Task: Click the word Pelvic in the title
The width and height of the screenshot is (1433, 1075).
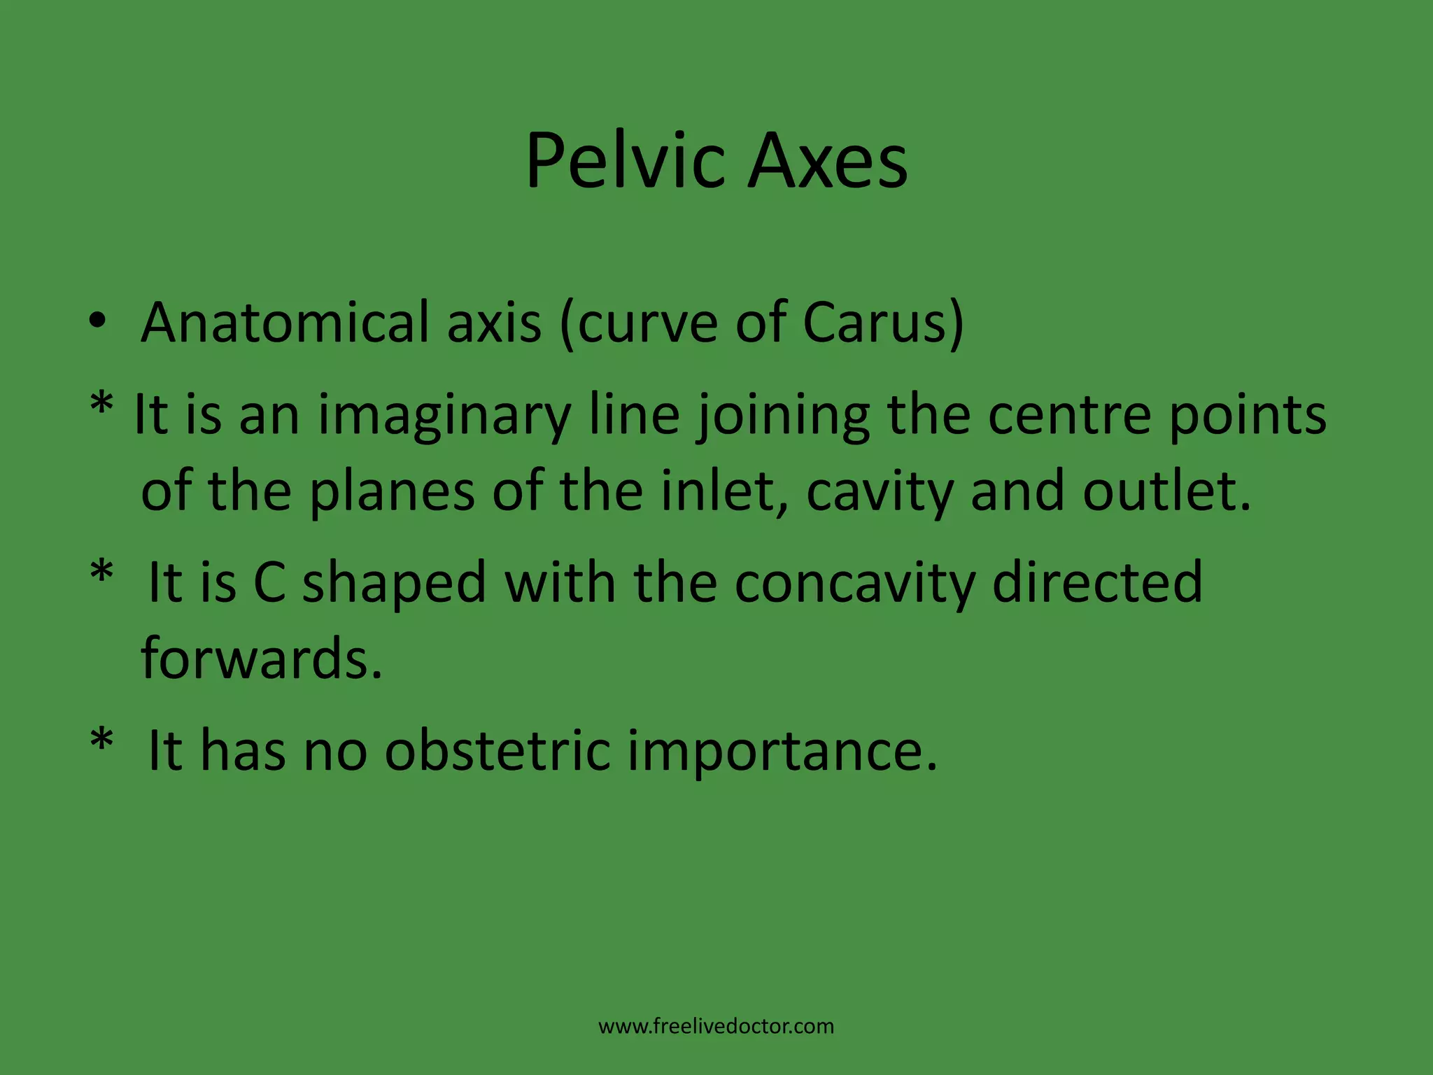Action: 626,162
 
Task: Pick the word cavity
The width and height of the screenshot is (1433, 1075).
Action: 879,491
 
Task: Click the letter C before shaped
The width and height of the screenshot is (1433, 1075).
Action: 269,582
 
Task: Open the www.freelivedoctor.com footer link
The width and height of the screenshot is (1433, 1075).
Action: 716,1027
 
